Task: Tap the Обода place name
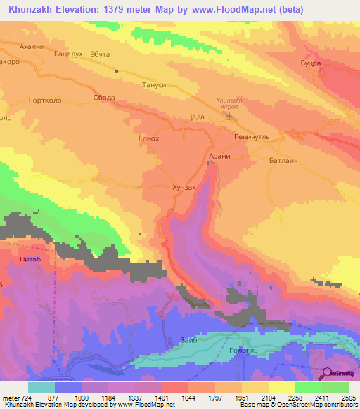click(103, 98)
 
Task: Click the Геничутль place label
click(253, 138)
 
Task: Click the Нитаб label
click(20, 258)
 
